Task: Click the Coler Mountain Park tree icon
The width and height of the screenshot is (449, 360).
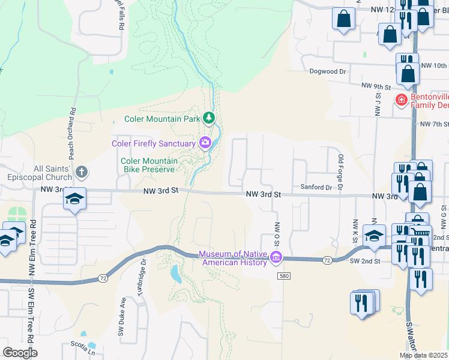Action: pyautogui.click(x=209, y=118)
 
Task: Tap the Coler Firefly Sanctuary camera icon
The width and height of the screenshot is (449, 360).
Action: pyautogui.click(x=205, y=143)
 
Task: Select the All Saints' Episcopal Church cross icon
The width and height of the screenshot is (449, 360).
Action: pyautogui.click(x=82, y=173)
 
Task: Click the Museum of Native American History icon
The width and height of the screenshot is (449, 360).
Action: pyautogui.click(x=276, y=258)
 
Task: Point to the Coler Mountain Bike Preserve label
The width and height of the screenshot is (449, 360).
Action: pyautogui.click(x=149, y=166)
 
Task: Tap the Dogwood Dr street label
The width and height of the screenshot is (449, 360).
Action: pyautogui.click(x=328, y=71)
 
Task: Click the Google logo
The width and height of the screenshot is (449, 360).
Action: pyautogui.click(x=20, y=353)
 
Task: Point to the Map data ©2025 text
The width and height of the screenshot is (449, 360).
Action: pyautogui.click(x=424, y=355)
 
